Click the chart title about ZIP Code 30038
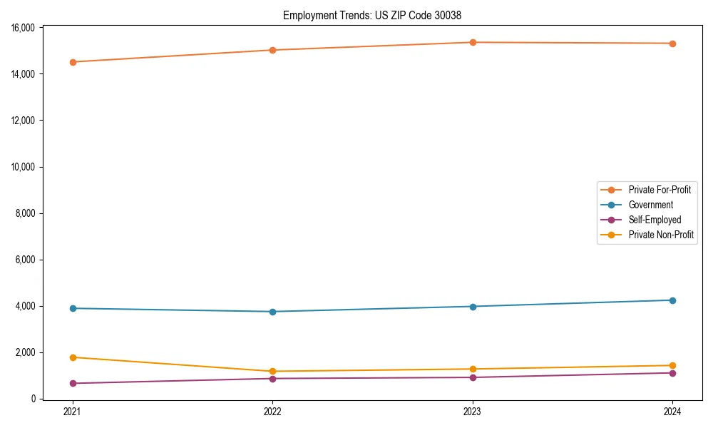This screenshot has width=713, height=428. click(x=376, y=15)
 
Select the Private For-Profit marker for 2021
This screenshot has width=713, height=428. click(x=72, y=62)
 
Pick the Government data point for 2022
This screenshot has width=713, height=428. click(x=272, y=312)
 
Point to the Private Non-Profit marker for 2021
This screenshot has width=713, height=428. click(x=72, y=357)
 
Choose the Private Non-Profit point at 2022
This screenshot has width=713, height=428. click(x=272, y=372)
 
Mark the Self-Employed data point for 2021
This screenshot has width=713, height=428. click(x=72, y=384)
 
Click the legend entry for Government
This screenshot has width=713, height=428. click(x=650, y=205)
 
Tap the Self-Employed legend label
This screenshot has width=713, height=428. click(x=655, y=220)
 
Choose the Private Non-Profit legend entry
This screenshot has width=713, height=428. click(x=661, y=235)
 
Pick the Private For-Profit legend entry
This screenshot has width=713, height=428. click(x=660, y=190)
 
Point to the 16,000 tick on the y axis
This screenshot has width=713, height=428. click(x=24, y=28)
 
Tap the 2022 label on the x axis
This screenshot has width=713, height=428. click(x=272, y=411)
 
